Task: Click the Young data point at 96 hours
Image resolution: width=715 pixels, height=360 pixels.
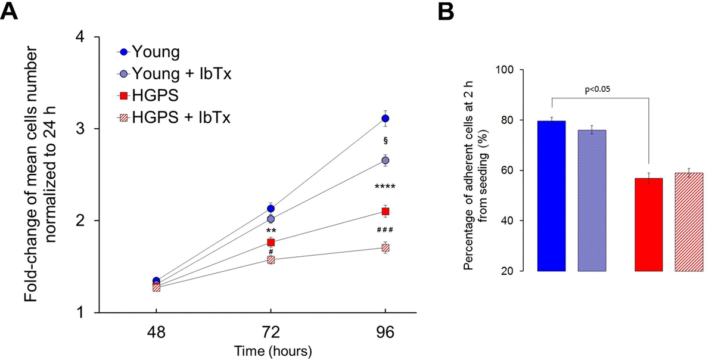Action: pos(386,119)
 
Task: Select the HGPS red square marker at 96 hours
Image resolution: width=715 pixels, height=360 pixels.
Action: pos(386,212)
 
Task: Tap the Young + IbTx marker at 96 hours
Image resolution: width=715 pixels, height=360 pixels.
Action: pos(386,160)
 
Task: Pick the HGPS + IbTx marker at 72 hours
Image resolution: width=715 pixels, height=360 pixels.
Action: pos(271,260)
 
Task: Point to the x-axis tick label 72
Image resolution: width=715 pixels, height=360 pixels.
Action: pos(271,332)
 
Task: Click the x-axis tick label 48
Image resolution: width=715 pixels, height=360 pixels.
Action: pos(156,332)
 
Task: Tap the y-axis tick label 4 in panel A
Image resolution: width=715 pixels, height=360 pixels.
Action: pos(78,38)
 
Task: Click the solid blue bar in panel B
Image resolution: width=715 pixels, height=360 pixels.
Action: pos(551,196)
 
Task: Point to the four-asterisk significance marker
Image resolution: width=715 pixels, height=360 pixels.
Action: pos(385,187)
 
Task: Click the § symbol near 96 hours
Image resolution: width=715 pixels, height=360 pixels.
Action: pos(386,141)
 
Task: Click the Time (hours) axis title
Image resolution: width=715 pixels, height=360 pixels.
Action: pos(271,350)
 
